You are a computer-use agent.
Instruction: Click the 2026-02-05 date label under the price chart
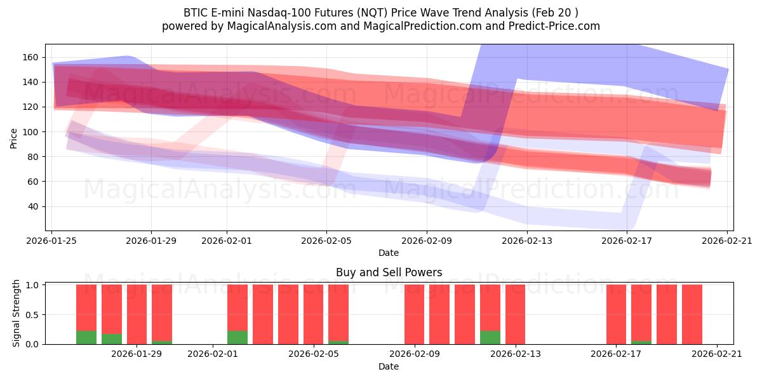click(326, 241)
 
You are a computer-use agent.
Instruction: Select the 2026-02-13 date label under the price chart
click(526, 241)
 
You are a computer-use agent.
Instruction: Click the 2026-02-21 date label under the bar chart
click(717, 354)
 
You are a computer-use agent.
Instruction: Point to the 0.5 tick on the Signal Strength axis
click(32, 314)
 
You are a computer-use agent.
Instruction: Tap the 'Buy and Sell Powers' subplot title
click(389, 273)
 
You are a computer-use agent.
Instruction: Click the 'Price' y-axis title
click(14, 137)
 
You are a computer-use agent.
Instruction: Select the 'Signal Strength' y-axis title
click(17, 313)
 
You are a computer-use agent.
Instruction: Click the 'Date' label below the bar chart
click(389, 366)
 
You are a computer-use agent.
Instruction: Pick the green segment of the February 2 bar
click(237, 337)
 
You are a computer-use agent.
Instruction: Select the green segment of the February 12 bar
click(490, 337)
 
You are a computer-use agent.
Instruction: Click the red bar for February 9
click(414, 314)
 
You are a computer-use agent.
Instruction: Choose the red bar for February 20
click(692, 314)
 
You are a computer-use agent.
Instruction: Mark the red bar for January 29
click(137, 314)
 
